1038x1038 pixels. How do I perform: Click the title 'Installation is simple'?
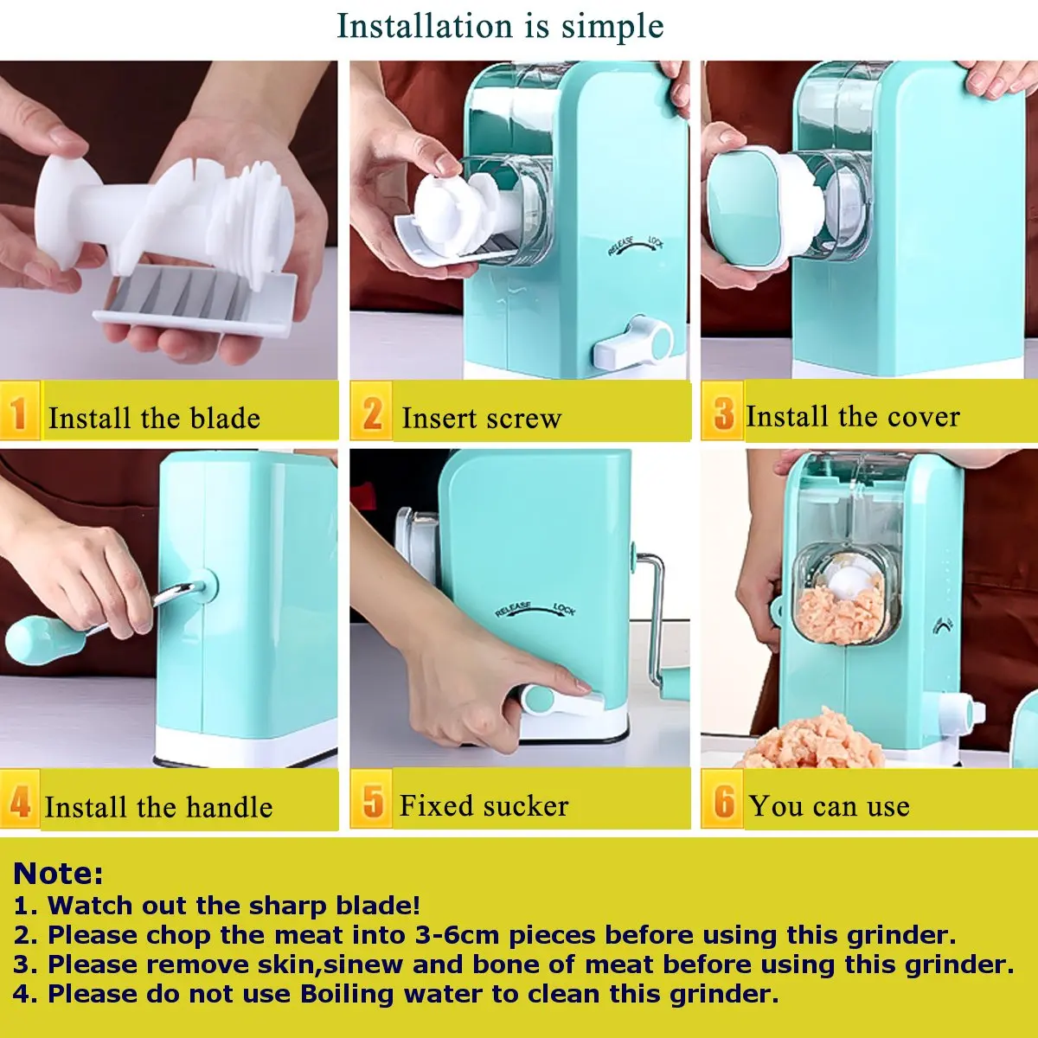[500, 26]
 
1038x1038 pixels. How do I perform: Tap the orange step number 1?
[19, 413]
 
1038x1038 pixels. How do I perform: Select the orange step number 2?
[372, 413]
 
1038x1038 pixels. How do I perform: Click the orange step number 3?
[723, 413]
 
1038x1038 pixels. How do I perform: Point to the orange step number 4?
[20, 802]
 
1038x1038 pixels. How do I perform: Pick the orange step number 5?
[372, 802]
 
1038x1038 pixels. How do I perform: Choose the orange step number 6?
[723, 802]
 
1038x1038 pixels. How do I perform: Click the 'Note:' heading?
[58, 874]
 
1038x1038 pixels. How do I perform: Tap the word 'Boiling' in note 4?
[347, 994]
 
